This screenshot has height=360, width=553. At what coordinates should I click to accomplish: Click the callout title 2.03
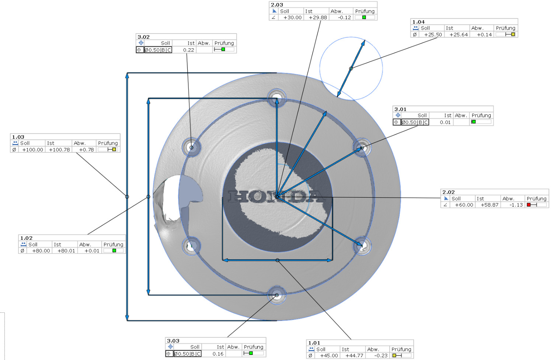point(277,5)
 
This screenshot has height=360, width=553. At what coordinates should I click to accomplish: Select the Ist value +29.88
point(318,18)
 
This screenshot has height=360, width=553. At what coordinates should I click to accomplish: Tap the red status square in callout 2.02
point(529,205)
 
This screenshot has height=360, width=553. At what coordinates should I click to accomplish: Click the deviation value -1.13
point(516,205)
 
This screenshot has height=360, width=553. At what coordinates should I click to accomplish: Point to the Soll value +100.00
point(32,150)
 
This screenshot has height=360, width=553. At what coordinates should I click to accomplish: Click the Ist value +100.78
point(59,150)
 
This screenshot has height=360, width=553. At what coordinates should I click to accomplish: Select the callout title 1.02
point(27,238)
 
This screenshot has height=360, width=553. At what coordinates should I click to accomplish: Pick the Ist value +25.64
point(459,35)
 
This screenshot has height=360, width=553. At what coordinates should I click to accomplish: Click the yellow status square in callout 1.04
point(513,34)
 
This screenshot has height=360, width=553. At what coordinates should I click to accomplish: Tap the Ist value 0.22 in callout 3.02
point(189,50)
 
